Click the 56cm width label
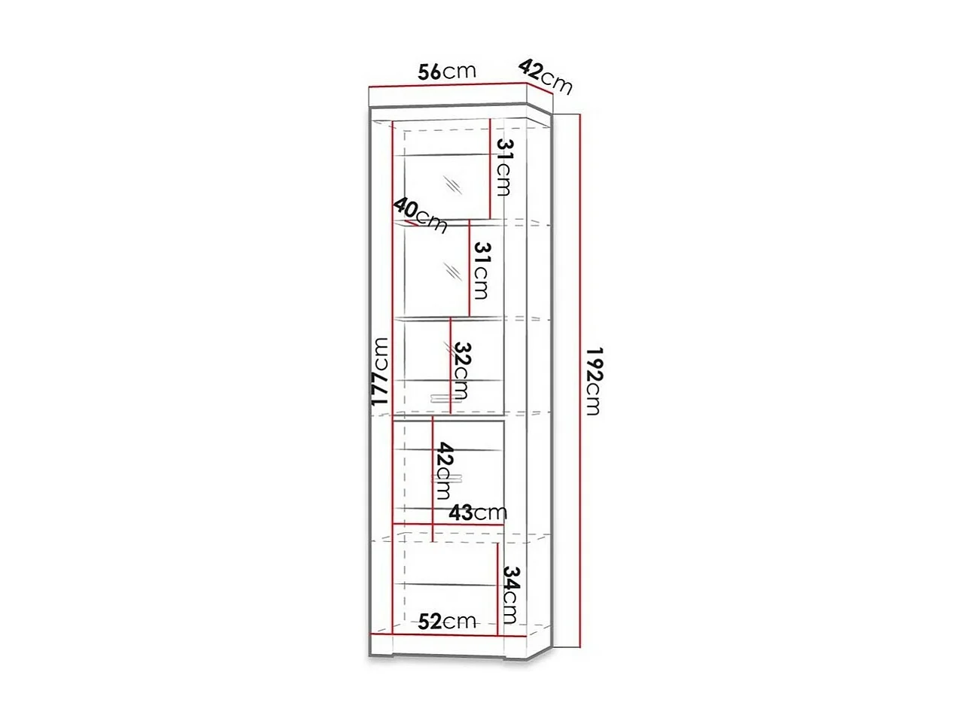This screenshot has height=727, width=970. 447,71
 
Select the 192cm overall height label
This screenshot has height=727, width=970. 594,381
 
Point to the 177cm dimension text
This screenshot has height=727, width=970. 382,373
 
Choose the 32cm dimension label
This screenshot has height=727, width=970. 462,371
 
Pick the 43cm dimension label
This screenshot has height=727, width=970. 478,513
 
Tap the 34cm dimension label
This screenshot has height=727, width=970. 510,595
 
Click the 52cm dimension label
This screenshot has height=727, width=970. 447,621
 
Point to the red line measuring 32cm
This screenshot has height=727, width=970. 450,365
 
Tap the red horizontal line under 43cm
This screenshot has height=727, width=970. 448,524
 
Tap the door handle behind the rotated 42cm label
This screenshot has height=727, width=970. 444,479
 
